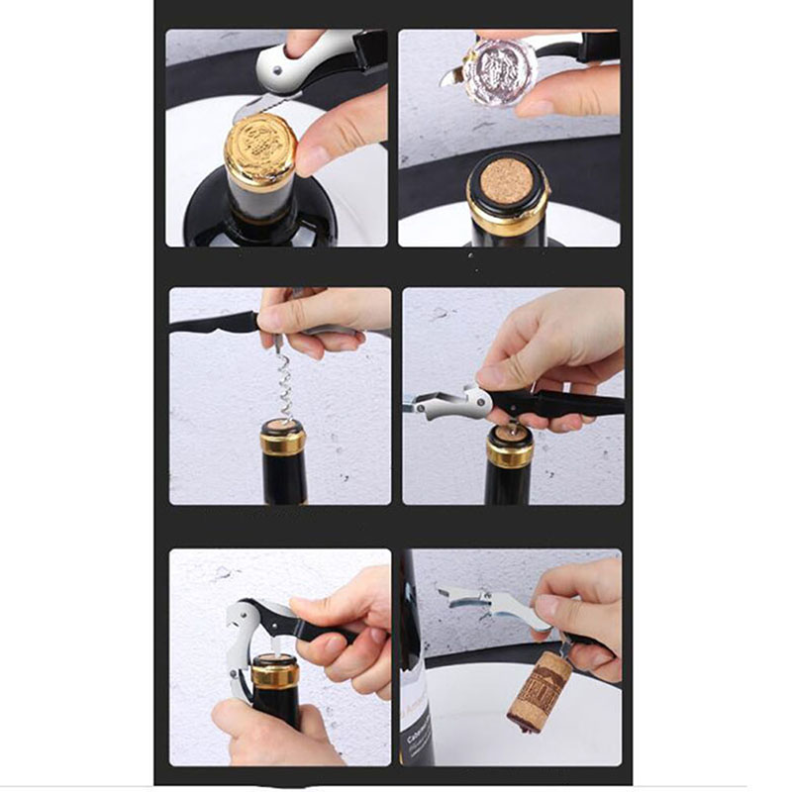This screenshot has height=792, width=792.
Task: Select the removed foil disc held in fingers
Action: click(499, 69)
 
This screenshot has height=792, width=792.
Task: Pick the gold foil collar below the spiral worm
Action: click(283, 438)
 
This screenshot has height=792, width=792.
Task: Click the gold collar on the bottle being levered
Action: click(274, 674)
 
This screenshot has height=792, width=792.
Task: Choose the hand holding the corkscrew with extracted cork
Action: click(584, 614)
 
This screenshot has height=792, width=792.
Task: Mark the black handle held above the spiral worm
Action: click(213, 323)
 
